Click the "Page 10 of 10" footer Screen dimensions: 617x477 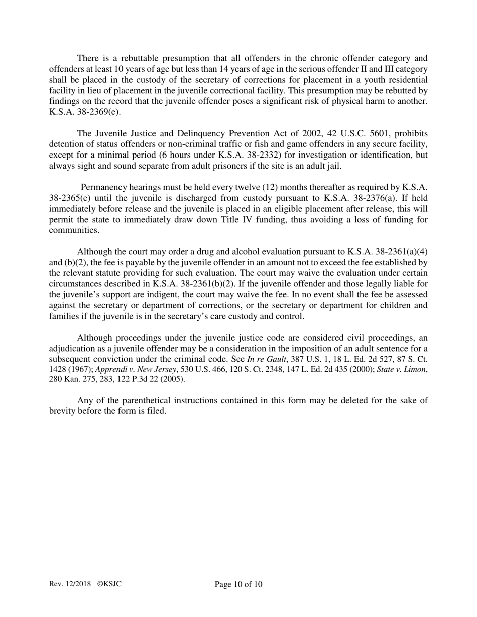click(238, 584)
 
